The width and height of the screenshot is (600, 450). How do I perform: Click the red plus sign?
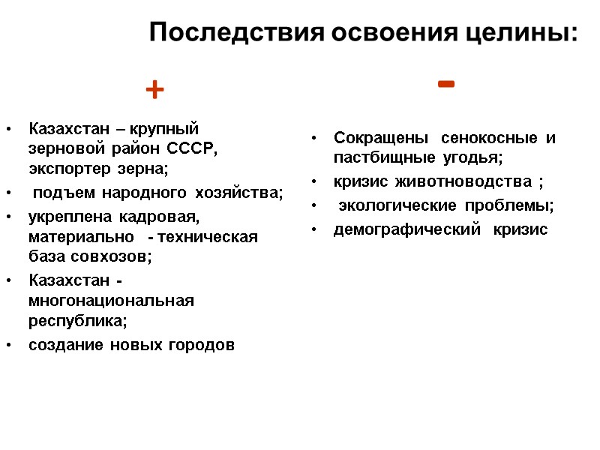tap(154, 91)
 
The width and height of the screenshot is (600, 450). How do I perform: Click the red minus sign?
tap(445, 84)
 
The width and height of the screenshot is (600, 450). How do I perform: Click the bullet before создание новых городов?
tap(7, 346)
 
